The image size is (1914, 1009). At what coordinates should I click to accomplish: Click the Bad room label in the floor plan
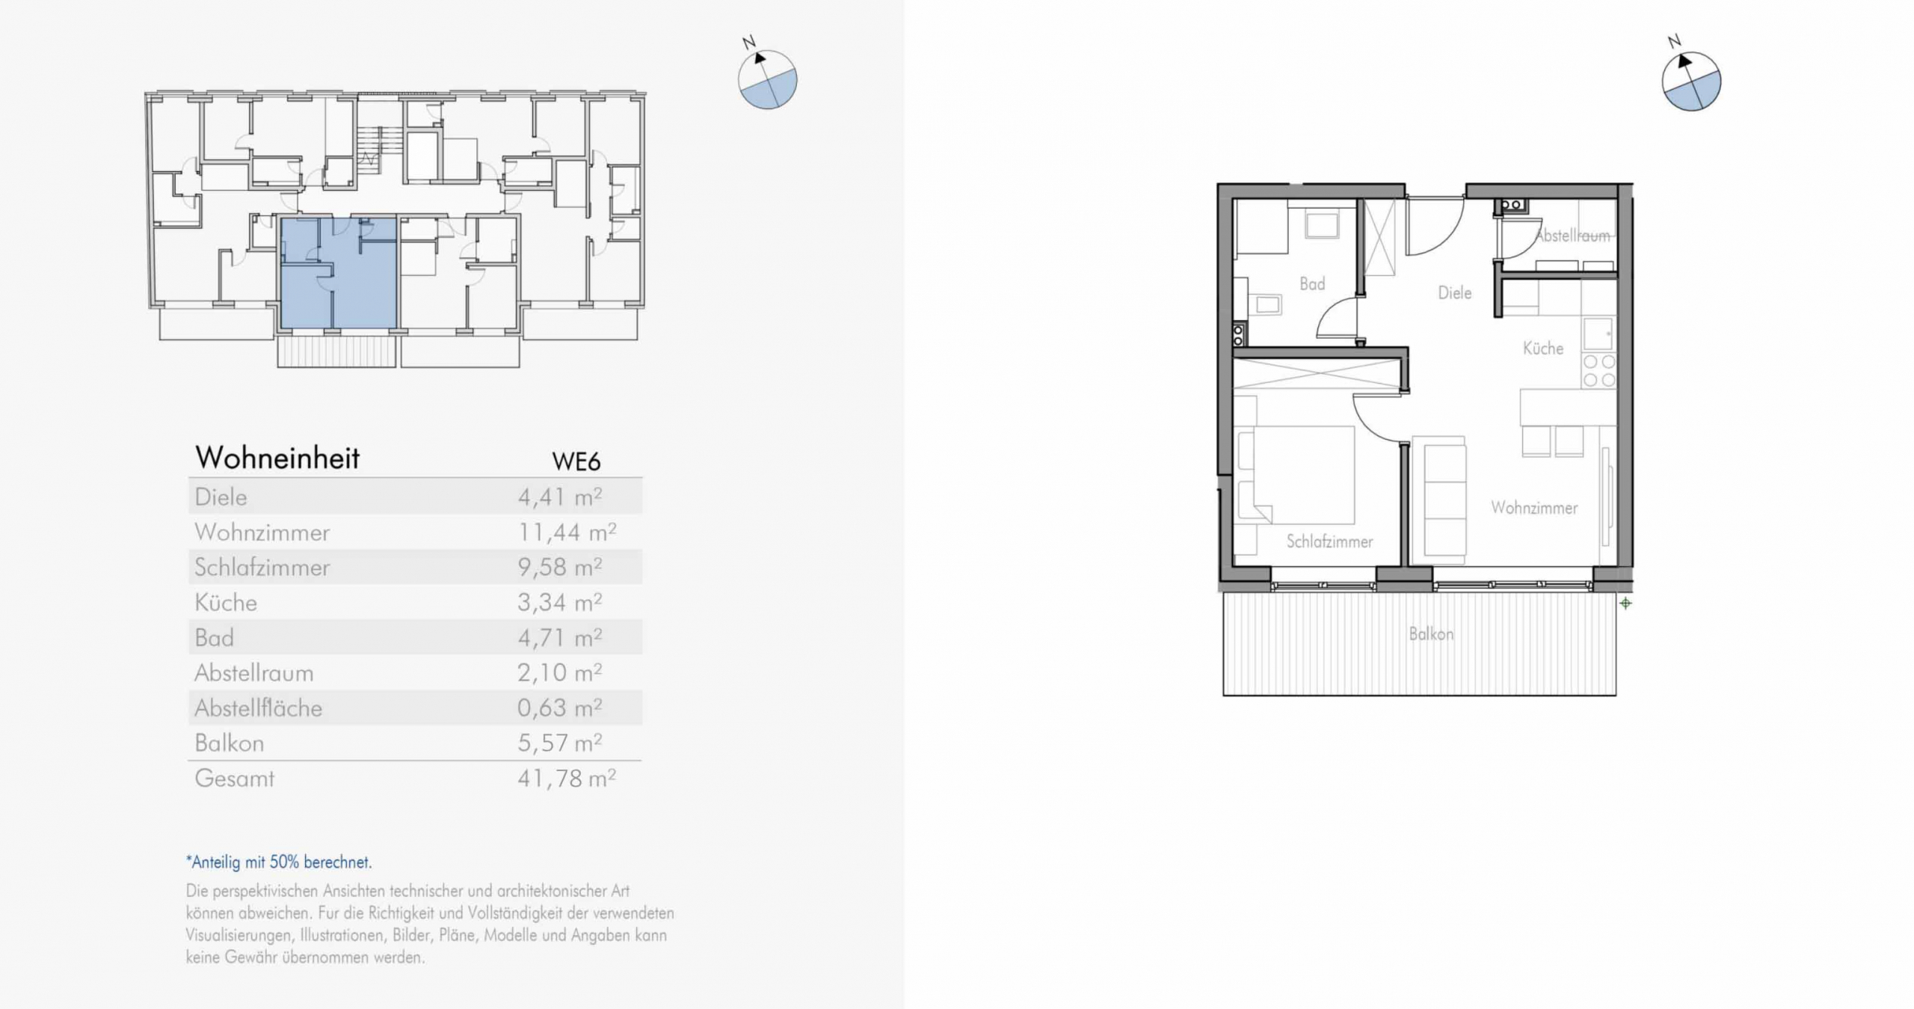pyautogui.click(x=1312, y=284)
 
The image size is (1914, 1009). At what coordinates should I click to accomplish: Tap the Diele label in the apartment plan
pyautogui.click(x=1454, y=293)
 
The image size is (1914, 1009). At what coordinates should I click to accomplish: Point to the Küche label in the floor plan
pyautogui.click(x=1543, y=348)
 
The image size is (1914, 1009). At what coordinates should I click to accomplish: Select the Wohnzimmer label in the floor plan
pyautogui.click(x=1534, y=508)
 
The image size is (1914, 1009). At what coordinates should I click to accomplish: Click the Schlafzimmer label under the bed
pyautogui.click(x=1329, y=542)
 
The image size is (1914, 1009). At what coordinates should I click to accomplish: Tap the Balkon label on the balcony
pyautogui.click(x=1431, y=634)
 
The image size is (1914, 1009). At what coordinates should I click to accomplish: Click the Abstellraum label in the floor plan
pyautogui.click(x=1572, y=236)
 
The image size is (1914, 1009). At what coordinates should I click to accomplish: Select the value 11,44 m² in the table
pyautogui.click(x=567, y=532)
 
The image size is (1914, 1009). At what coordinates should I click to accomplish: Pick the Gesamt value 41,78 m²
pyautogui.click(x=567, y=779)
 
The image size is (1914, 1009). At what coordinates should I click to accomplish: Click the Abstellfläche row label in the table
pyautogui.click(x=258, y=708)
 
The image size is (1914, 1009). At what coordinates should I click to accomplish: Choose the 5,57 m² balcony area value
pyautogui.click(x=560, y=743)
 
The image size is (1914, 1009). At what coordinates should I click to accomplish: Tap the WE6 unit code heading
pyautogui.click(x=576, y=461)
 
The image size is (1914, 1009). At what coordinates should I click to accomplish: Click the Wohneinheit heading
pyautogui.click(x=277, y=458)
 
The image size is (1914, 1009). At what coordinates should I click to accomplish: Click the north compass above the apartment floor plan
pyautogui.click(x=1690, y=81)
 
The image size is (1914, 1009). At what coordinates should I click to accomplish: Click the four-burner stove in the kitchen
pyautogui.click(x=1599, y=371)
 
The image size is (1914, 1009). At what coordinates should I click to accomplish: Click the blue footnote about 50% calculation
pyautogui.click(x=279, y=862)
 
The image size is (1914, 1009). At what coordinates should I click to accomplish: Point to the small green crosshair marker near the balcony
pyautogui.click(x=1625, y=603)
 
